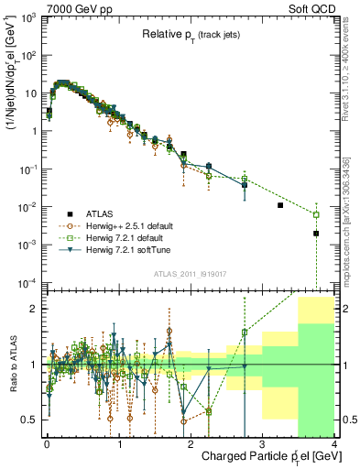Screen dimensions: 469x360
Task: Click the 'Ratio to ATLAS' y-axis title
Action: tap(12, 365)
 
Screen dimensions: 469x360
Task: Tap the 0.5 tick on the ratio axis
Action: tap(31, 420)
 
